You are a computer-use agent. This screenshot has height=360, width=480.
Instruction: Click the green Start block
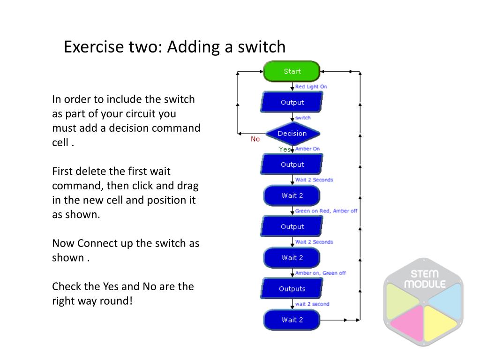(292, 71)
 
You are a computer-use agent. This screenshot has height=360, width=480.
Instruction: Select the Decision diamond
(292, 134)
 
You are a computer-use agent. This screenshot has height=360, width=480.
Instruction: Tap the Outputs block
(292, 288)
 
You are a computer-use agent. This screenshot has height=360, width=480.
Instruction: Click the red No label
(255, 139)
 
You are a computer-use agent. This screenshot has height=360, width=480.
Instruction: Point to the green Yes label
(285, 149)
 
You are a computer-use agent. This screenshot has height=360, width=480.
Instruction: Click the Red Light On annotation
(311, 87)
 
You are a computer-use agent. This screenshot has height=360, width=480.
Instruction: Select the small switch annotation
(303, 118)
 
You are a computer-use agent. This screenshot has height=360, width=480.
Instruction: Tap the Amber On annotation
(307, 149)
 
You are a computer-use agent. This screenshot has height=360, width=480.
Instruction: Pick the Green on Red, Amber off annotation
(326, 210)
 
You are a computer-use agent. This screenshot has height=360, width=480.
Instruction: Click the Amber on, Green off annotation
(320, 273)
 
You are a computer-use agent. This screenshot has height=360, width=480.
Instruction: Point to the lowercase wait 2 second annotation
(312, 304)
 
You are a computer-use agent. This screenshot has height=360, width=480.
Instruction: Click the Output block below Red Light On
(292, 102)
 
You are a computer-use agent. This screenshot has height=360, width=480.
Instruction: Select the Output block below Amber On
(292, 164)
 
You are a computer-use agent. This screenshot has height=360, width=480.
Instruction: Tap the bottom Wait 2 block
(292, 320)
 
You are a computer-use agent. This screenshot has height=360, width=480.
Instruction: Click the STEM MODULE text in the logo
(425, 279)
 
